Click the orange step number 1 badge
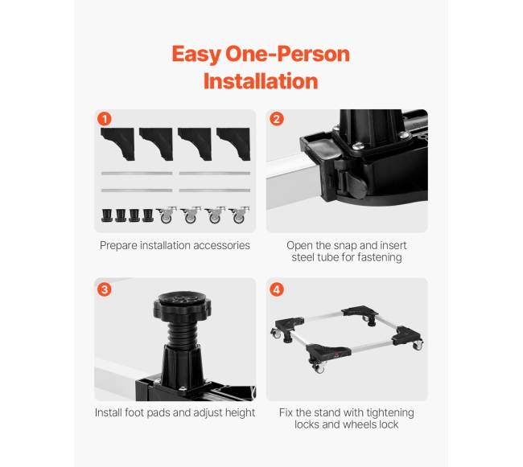pyautogui.click(x=105, y=119)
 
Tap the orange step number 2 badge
pyautogui.click(x=277, y=119)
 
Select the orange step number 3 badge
pyautogui.click(x=105, y=289)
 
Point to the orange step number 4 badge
pyautogui.click(x=277, y=289)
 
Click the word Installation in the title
pyautogui.click(x=261, y=81)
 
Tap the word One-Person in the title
pyautogui.click(x=287, y=54)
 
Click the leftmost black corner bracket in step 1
pyautogui.click(x=117, y=144)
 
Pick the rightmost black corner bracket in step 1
pyautogui.click(x=233, y=144)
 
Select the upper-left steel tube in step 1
pyautogui.click(x=137, y=173)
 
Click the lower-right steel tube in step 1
pyautogui.click(x=215, y=190)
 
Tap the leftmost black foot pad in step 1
pyautogui.click(x=107, y=215)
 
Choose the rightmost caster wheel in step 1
pyautogui.click(x=239, y=215)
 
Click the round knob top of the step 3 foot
pyautogui.click(x=182, y=305)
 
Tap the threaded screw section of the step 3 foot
pyautogui.click(x=183, y=334)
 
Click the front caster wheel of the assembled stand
pyautogui.click(x=318, y=368)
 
